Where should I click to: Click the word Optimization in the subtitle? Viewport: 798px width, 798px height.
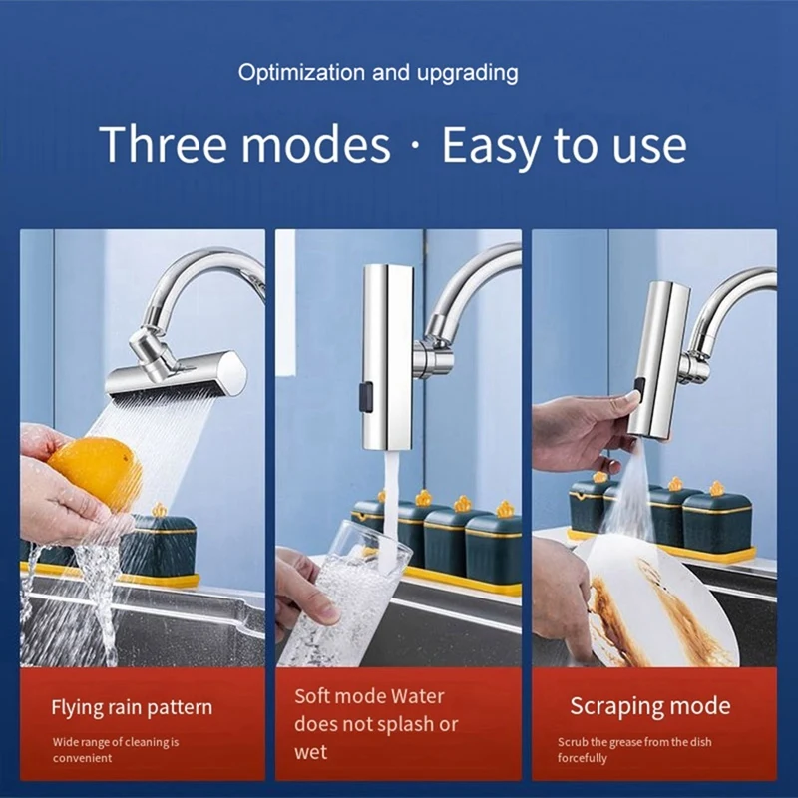coord(302,72)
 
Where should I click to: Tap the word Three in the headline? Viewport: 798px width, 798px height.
coord(163,144)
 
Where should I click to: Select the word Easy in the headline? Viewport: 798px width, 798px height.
coord(491,146)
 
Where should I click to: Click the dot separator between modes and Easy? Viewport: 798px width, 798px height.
coord(416,145)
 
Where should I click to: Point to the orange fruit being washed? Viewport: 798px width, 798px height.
coord(96,472)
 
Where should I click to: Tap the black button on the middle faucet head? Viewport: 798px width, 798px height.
coord(365,397)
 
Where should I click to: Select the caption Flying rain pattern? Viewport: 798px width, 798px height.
coord(132,708)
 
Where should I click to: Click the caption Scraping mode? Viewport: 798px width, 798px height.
coord(650,706)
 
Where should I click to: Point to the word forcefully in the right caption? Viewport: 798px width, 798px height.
coord(583,758)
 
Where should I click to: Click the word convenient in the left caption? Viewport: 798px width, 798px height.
coord(82,758)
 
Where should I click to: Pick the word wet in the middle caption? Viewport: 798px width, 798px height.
coord(311,752)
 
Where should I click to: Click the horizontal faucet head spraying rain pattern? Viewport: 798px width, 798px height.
coord(177,376)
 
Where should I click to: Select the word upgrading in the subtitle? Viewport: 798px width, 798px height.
coord(467,73)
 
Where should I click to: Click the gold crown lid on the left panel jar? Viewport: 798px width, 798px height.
coord(160,510)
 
